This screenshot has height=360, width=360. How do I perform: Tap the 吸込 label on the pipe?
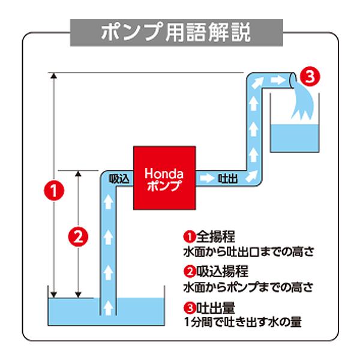118,178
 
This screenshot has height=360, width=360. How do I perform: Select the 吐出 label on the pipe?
229,178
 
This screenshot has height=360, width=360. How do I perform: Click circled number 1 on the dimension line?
55,191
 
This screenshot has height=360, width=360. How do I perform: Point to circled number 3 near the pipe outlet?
309,76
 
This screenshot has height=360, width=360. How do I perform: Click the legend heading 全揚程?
210,236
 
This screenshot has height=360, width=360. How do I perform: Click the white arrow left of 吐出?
208,178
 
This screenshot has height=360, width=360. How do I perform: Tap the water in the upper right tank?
294,135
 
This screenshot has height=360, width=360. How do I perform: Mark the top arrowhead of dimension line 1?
55,76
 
